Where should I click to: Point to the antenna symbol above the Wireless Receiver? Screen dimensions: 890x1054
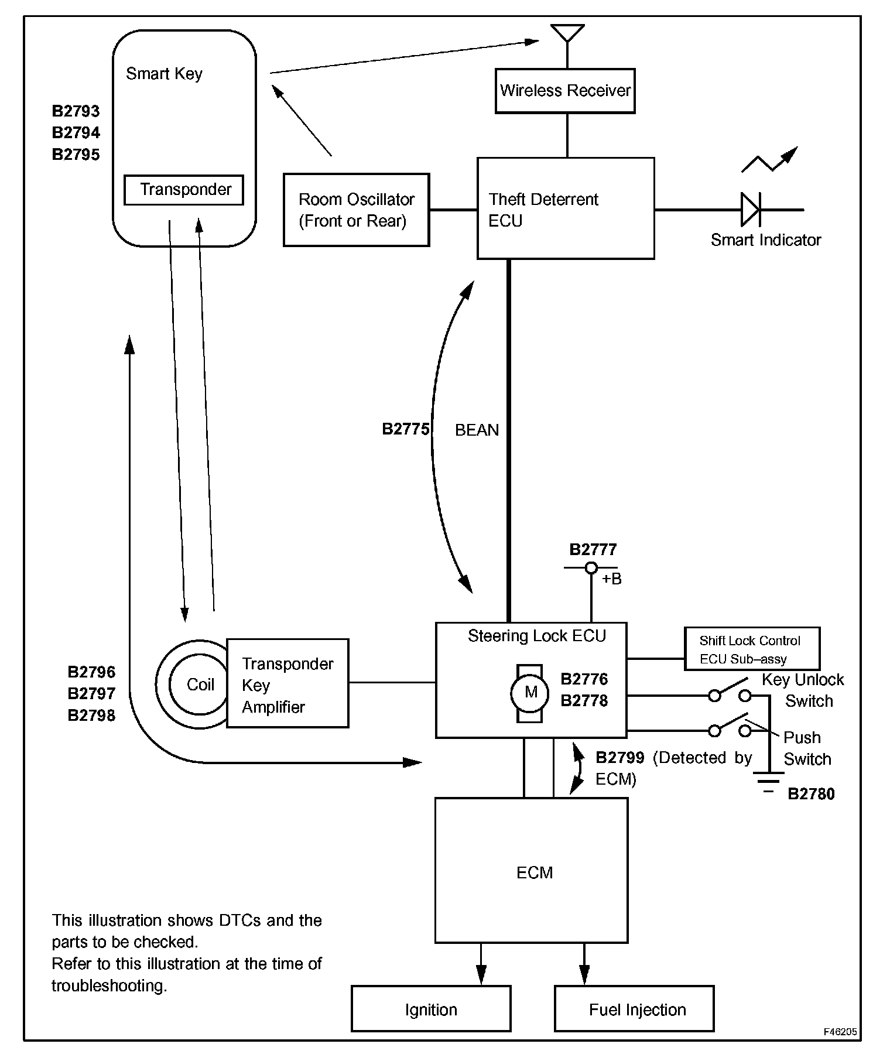coord(567,33)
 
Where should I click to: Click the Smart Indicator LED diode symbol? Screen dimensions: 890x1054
coord(750,209)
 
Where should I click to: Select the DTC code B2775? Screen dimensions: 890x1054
coord(406,429)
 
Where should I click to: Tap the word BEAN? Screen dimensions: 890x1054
coord(477,430)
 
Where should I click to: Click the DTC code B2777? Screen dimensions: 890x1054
coord(593,549)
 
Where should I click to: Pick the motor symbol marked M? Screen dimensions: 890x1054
coord(530,693)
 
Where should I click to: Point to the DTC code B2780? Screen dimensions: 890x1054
coord(811,793)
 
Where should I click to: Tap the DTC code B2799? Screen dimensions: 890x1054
coord(620,758)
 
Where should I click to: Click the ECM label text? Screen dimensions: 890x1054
coord(535,872)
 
